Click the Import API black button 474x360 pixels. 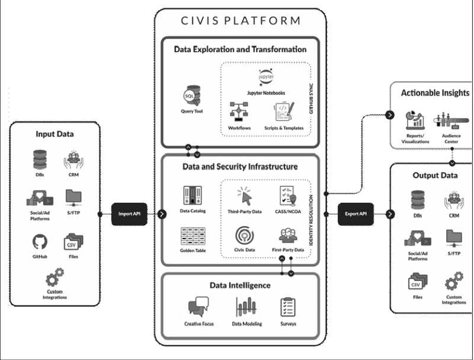tap(129, 214)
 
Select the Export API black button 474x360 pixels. tap(356, 214)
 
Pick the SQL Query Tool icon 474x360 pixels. tap(191, 95)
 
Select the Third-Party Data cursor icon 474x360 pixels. tap(245, 196)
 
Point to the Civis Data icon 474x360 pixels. tap(245, 235)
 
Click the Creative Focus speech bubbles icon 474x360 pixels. tap(198, 307)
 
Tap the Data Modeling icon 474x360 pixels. tap(245, 307)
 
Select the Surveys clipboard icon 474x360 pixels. tap(288, 307)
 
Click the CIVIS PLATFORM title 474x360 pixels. tap(240, 21)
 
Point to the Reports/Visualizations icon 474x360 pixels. tap(414, 119)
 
